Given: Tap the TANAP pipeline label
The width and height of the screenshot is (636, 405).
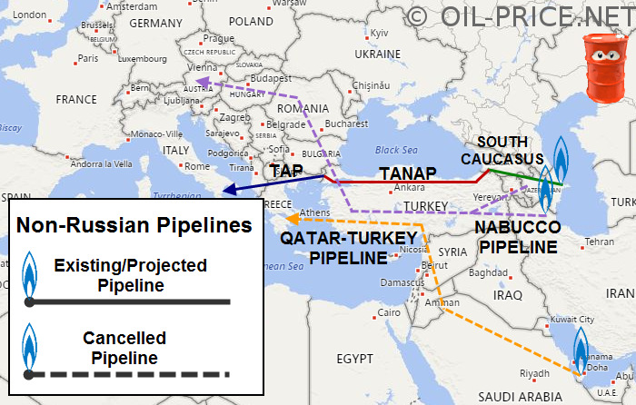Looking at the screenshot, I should [x=406, y=173].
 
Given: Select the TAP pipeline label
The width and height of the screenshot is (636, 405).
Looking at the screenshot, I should [x=286, y=171].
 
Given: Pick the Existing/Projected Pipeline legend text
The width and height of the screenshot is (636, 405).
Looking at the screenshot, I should [x=130, y=275].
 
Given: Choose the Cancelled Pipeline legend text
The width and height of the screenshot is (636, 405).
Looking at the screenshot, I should [x=130, y=347].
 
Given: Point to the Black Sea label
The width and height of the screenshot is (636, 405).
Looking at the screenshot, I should [x=394, y=150].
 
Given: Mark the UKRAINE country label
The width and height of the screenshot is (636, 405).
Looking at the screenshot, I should [x=377, y=54].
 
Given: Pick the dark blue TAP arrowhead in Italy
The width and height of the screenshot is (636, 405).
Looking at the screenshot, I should [x=229, y=190].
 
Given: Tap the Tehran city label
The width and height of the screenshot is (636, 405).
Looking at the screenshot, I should [x=599, y=242].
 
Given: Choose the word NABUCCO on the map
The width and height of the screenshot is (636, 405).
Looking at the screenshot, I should [x=518, y=227].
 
